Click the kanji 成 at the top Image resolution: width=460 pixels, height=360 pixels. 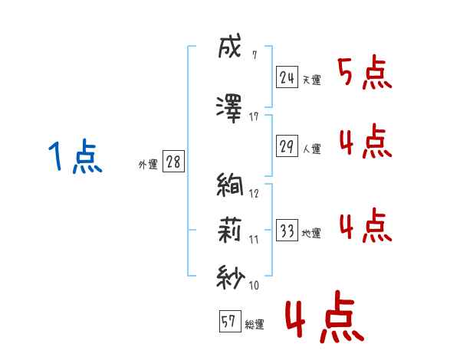click(x=229, y=46)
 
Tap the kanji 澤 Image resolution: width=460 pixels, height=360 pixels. click(x=228, y=109)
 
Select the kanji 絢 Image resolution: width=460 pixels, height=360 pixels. click(x=230, y=184)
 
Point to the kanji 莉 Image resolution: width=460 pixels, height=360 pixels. click(x=229, y=230)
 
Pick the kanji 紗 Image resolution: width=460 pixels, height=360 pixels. click(x=231, y=277)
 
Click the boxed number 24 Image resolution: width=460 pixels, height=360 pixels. click(x=287, y=77)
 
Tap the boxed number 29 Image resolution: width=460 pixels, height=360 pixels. click(x=287, y=146)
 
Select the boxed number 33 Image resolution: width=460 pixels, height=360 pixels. click(x=287, y=230)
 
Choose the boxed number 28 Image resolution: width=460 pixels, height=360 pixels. click(x=173, y=162)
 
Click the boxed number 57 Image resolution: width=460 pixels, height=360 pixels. click(x=230, y=321)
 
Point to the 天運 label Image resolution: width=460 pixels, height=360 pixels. click(x=311, y=80)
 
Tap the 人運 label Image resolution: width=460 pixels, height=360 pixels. click(x=311, y=149)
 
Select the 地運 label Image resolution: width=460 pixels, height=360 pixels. click(x=311, y=233)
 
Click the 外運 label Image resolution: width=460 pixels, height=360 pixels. click(x=148, y=165)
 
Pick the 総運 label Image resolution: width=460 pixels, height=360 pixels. click(x=255, y=324)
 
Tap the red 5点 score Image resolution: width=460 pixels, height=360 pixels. click(x=364, y=73)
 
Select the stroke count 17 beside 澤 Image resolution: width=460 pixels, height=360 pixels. click(x=254, y=117)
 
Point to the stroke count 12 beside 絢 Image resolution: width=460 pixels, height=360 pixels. click(x=254, y=194)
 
